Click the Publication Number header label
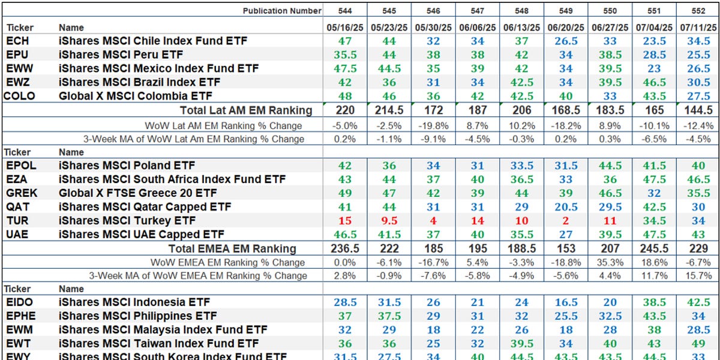point(282,11)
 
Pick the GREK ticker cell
point(22,193)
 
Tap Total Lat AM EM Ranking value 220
point(346,110)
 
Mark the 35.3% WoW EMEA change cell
point(609,263)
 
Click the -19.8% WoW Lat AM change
point(433,125)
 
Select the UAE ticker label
point(18,235)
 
